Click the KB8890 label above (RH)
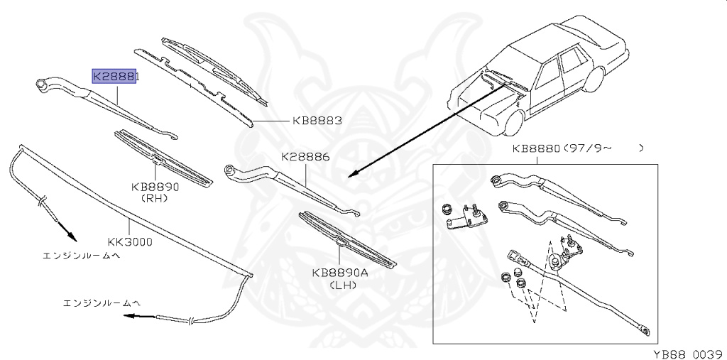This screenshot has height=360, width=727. tap(154, 187)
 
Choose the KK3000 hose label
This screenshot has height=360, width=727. tap(130, 241)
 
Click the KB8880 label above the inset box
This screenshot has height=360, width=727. tap(536, 149)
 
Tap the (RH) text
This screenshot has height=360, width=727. tap(154, 198)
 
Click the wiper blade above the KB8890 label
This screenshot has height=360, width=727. tap(163, 157)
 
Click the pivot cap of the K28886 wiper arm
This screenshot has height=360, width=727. tap(231, 170)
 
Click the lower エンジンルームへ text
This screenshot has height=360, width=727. tap(98, 302)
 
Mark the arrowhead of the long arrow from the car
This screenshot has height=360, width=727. tap(352, 175)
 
